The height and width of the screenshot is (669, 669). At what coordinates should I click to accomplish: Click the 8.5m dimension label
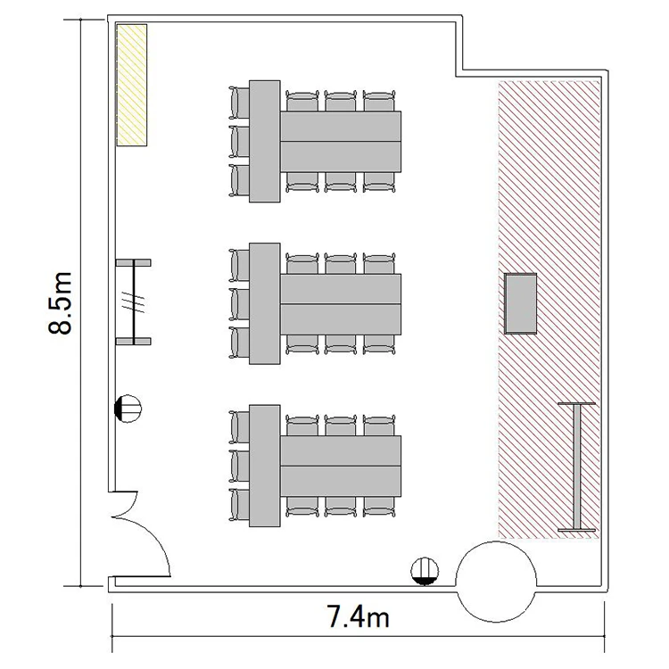tap(60, 302)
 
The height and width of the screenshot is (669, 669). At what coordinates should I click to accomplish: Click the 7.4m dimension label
tap(358, 616)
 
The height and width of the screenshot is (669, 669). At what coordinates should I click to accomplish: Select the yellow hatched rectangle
tap(132, 85)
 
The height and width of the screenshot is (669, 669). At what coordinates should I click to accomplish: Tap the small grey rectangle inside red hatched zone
tap(521, 303)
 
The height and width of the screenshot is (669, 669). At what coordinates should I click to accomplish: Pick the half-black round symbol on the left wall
tap(128, 409)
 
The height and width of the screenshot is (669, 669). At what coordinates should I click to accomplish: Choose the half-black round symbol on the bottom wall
tap(425, 571)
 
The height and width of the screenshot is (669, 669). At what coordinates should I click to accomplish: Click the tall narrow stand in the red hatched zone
tap(577, 467)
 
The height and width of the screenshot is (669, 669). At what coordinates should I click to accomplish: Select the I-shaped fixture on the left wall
tap(134, 301)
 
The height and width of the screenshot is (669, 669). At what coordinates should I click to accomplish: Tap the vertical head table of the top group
tap(265, 141)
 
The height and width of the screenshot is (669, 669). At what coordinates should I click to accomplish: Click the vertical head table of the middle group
tap(265, 303)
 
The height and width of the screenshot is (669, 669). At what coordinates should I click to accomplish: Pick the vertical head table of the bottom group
tap(265, 466)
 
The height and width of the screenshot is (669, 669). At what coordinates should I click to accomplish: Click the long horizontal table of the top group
tap(341, 141)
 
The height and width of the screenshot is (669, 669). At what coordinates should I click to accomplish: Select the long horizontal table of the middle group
tap(341, 304)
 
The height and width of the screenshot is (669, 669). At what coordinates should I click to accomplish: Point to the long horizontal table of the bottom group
tap(341, 466)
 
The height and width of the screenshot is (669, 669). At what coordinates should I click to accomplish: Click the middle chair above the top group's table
tap(341, 101)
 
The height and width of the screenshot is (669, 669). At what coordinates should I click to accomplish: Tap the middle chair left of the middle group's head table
tap(239, 304)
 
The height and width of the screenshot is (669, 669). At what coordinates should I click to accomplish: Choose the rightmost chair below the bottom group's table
tap(379, 508)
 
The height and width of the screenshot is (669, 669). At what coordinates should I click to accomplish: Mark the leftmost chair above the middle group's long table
tap(302, 263)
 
